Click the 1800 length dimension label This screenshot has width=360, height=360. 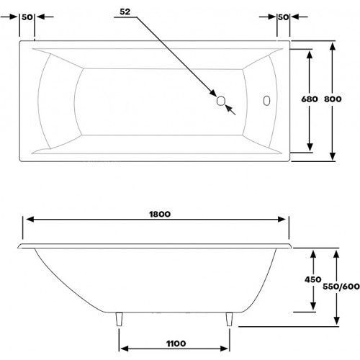(x=160, y=214)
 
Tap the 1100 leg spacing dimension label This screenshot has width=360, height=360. (x=176, y=343)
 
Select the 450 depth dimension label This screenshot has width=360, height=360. (x=312, y=279)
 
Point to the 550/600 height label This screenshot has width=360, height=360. (x=341, y=287)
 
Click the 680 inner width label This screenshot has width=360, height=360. (x=310, y=99)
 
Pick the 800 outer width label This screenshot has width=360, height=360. (x=333, y=99)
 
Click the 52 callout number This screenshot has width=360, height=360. (x=125, y=12)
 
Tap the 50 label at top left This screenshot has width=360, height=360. (x=27, y=17)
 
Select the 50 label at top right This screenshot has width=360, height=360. (x=284, y=17)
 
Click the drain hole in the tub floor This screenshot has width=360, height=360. (x=220, y=101)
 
